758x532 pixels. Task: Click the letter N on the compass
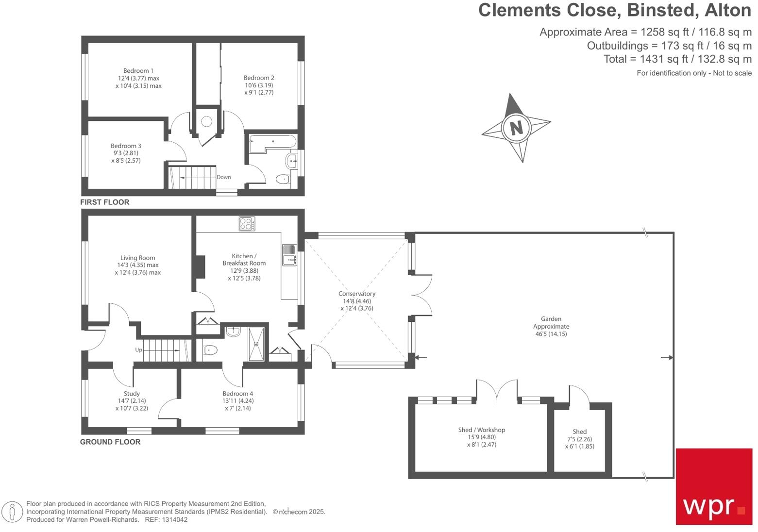[x=516, y=128]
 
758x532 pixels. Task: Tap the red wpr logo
[x=714, y=486]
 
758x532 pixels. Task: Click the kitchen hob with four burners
[x=247, y=224]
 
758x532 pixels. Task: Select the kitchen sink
[x=290, y=254]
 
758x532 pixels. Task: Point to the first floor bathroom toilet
[x=283, y=180]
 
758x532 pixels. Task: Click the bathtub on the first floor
[x=272, y=143]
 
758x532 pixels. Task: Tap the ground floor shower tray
[x=256, y=344]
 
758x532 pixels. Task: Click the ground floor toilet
[x=210, y=349]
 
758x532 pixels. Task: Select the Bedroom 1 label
[x=138, y=71]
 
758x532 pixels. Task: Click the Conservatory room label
[x=357, y=294]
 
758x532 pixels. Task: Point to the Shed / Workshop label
[x=481, y=430]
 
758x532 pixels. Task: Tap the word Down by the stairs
[x=224, y=177]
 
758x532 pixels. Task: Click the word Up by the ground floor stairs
[x=139, y=349]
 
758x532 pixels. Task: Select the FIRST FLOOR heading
[x=105, y=202]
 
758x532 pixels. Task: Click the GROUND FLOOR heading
[x=110, y=442]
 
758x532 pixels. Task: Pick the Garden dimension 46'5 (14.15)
[x=551, y=334]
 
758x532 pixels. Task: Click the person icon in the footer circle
[x=13, y=512]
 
